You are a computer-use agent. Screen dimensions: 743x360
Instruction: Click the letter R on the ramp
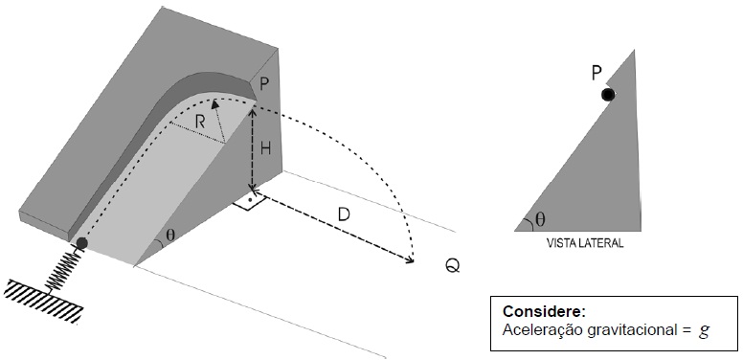tap(200, 123)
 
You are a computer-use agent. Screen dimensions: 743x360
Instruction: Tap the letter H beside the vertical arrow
tap(266, 148)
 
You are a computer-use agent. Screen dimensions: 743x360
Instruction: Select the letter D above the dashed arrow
tap(344, 215)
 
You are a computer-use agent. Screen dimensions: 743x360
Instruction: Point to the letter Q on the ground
tap(453, 266)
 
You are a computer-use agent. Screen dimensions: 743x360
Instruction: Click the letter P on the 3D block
tap(264, 84)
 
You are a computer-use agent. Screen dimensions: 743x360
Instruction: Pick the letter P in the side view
tap(597, 74)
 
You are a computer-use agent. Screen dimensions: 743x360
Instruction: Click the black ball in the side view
tap(608, 95)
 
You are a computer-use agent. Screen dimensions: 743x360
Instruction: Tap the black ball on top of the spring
tap(81, 243)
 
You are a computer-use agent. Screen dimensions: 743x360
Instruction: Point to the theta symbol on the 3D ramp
tap(170, 235)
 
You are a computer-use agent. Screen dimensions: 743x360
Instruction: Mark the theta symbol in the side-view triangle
tap(540, 219)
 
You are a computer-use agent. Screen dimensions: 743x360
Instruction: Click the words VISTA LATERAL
tap(585, 243)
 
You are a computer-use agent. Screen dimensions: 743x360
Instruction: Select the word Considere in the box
tap(545, 312)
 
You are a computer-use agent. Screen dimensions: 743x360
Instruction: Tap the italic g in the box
tap(704, 330)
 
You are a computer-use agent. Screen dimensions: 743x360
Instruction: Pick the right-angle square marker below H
tap(249, 201)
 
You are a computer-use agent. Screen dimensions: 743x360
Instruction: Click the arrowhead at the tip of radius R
tap(214, 104)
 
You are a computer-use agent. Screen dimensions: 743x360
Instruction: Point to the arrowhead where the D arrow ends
tap(409, 259)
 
